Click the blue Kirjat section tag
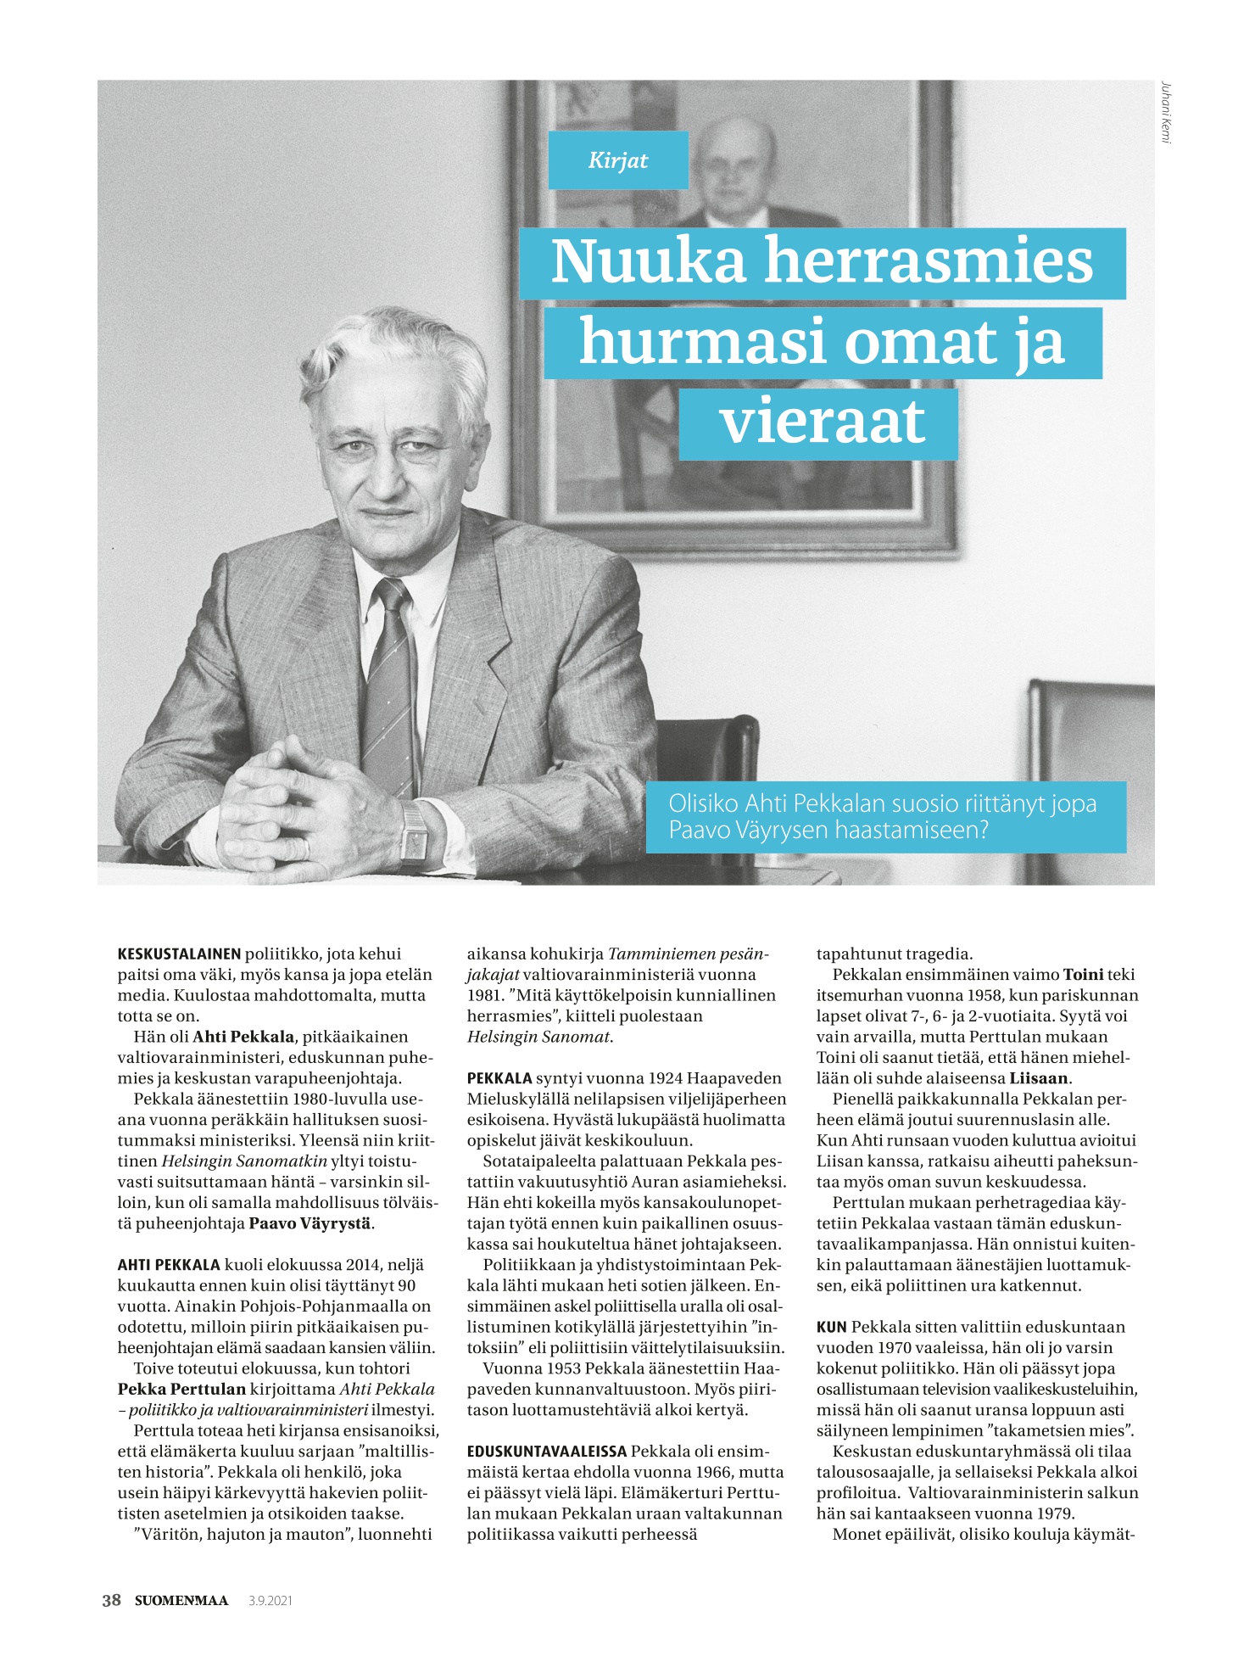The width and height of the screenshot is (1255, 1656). (617, 160)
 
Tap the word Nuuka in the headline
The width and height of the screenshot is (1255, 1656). (649, 263)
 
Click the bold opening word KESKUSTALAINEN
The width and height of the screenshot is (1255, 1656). (179, 954)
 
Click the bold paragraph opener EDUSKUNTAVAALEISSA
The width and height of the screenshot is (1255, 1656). (547, 1452)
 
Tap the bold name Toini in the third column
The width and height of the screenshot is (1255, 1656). (1082, 975)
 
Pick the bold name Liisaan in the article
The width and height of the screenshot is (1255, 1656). (1039, 1078)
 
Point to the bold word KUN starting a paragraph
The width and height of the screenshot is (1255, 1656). (832, 1327)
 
